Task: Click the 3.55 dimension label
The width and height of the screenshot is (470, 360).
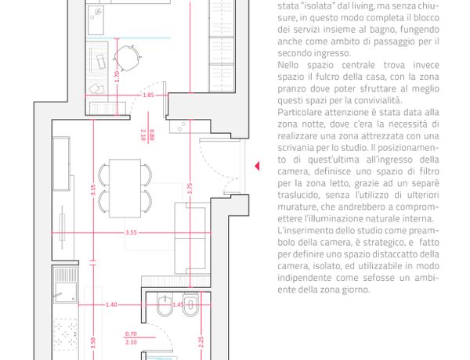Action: coord(132,232)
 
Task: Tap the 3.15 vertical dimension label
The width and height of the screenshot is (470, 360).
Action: coord(93,190)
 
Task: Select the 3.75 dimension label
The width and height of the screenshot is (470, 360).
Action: coord(190,189)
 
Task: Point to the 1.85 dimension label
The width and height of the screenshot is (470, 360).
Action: coord(148,95)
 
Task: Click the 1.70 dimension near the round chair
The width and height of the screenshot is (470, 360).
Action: coord(117,77)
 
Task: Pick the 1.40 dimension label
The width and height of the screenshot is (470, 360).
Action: coord(111,304)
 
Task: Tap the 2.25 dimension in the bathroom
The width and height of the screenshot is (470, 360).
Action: coord(201,342)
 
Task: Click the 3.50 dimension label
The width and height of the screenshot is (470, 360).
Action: coord(93,343)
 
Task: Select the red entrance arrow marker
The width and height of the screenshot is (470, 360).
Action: coord(257,166)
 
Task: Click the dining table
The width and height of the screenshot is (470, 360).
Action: coord(125,189)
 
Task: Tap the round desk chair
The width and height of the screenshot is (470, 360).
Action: coord(127,58)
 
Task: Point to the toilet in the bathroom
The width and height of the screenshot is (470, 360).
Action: coord(190,305)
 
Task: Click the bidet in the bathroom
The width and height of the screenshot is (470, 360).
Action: coord(164,306)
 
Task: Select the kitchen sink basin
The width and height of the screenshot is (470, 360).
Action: coord(65,293)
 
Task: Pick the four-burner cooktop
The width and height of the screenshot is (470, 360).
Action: coord(65,334)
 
